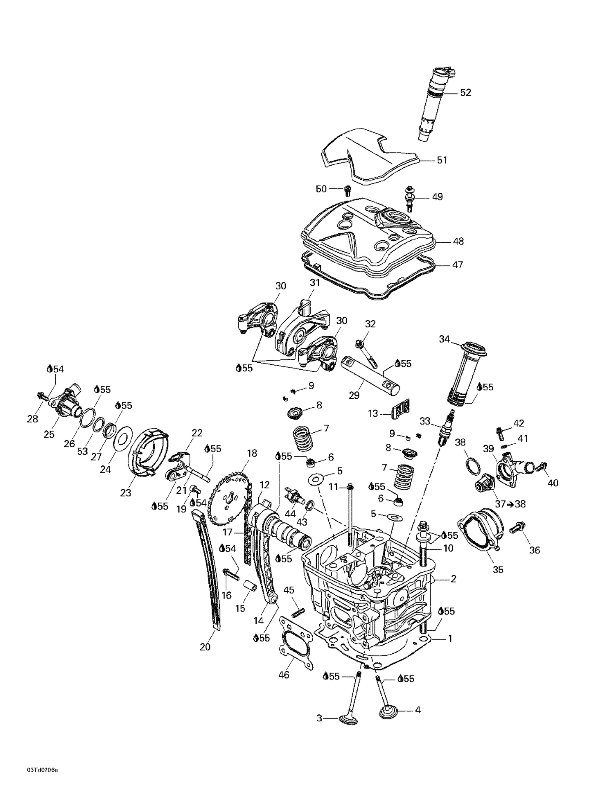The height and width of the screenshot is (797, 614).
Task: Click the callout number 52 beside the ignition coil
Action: [466, 93]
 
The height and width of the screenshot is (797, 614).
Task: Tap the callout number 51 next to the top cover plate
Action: [442, 160]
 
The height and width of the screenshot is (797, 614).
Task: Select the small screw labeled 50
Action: [348, 190]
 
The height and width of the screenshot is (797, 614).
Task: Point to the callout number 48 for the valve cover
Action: [458, 242]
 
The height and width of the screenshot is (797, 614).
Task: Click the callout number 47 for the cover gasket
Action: [457, 265]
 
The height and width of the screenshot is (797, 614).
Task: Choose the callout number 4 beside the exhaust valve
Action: [418, 710]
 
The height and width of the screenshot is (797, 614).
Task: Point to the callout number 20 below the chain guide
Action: [205, 647]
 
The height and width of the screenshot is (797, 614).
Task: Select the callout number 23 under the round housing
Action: [125, 493]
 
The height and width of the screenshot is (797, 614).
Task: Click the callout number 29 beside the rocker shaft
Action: [354, 395]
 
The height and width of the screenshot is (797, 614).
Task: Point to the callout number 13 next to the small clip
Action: [373, 413]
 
